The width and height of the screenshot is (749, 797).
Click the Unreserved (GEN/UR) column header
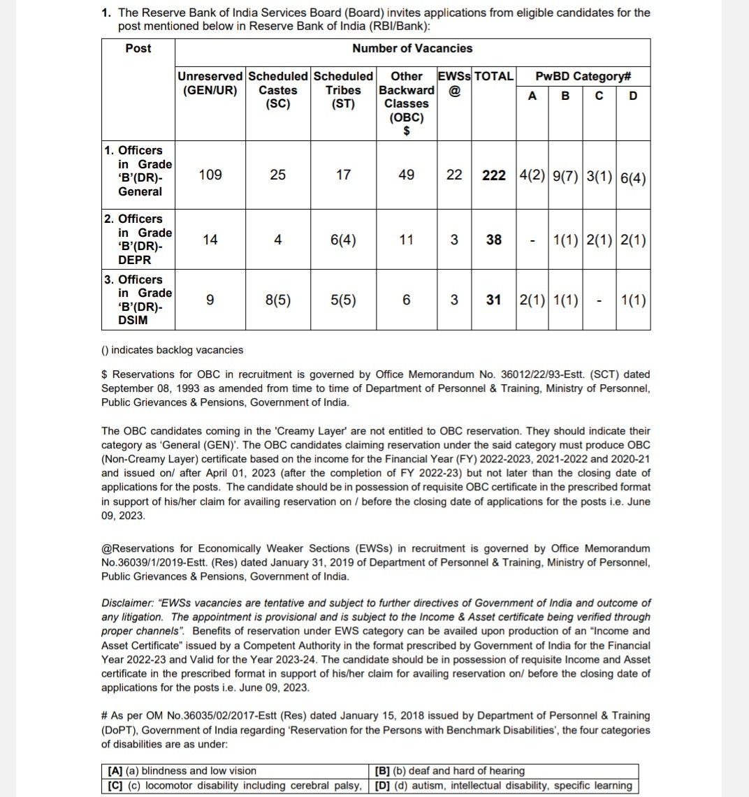[x=210, y=83]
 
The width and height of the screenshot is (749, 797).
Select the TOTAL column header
[x=494, y=76]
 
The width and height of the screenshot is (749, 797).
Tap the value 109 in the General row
[x=210, y=175]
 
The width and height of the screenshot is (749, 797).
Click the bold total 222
[x=494, y=175]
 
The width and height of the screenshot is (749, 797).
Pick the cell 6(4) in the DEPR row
[x=343, y=240]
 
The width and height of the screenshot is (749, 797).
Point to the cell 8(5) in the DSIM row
[x=277, y=300]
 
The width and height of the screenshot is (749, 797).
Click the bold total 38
[x=494, y=240]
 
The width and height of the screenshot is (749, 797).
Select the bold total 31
[x=494, y=300]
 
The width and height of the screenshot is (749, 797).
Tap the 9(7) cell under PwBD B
[x=565, y=176]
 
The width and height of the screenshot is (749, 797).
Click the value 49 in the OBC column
[x=406, y=175]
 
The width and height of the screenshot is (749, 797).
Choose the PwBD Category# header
[x=583, y=76]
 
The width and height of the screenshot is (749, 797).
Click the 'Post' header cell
[x=138, y=48]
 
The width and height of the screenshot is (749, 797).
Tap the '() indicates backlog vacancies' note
[x=173, y=350]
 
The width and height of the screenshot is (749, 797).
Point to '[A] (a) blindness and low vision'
[x=182, y=771]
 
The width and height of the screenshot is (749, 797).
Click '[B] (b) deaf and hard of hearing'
[x=449, y=771]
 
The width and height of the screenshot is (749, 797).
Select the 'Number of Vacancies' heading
[x=412, y=48]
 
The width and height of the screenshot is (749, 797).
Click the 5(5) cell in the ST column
[x=343, y=300]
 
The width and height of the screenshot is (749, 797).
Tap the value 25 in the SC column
[x=277, y=175]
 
